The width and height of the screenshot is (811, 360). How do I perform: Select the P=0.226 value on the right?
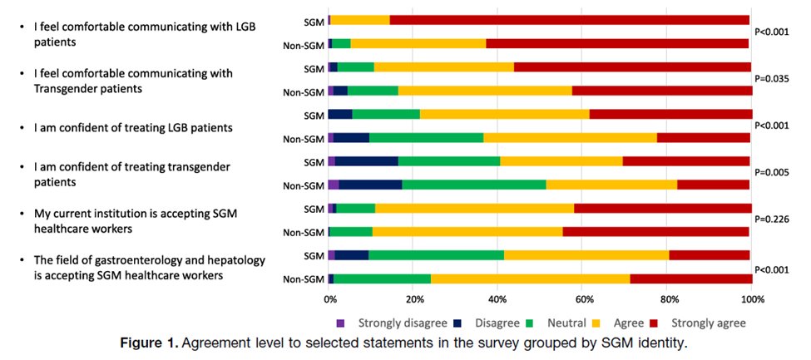(773, 219)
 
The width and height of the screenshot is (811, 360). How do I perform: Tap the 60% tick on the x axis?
(583, 299)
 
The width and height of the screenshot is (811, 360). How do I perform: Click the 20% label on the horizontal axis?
(414, 299)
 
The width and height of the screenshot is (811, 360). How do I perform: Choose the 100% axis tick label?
(752, 299)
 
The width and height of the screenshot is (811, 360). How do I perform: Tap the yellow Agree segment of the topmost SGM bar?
(360, 20)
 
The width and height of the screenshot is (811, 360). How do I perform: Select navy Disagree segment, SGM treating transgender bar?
(367, 161)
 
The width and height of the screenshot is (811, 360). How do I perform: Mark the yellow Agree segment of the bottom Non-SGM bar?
(531, 279)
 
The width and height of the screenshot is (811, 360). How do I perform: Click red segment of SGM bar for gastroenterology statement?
(709, 255)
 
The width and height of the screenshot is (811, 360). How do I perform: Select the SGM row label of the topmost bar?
(314, 21)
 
